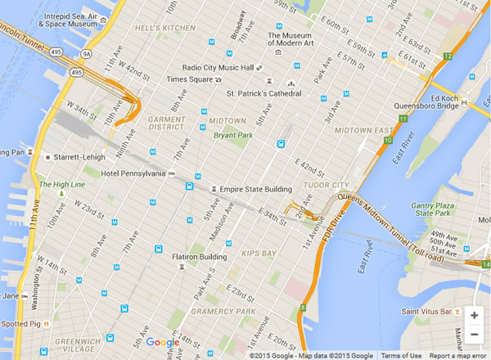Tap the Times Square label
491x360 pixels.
189,79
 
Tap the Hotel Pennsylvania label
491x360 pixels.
133,173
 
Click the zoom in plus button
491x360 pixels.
475,315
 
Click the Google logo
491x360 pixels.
163,343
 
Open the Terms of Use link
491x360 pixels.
401,356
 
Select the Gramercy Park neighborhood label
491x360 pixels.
220,312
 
